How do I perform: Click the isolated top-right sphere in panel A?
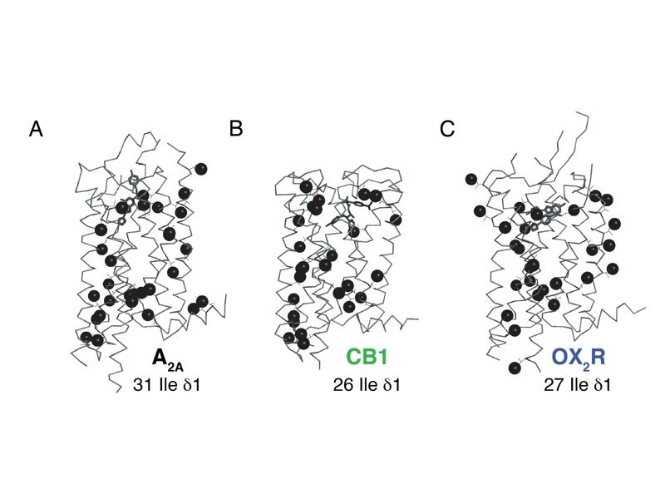(x=200, y=169)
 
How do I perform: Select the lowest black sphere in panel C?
(x=515, y=367)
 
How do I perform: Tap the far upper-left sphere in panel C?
(x=471, y=179)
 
